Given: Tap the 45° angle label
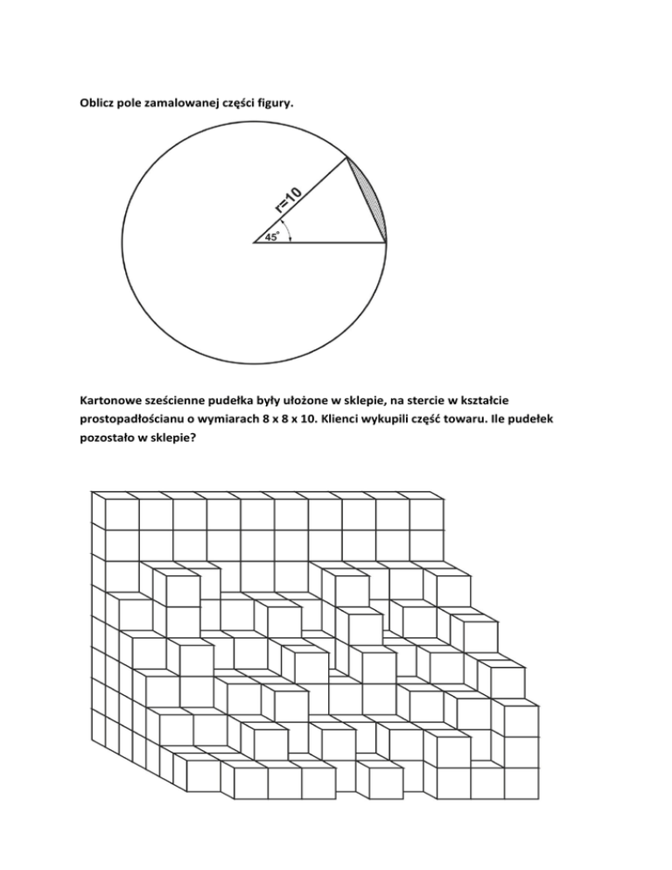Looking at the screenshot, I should [272, 236].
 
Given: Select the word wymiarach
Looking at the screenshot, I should [260, 423].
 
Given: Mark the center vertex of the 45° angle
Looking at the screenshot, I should [254, 242].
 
